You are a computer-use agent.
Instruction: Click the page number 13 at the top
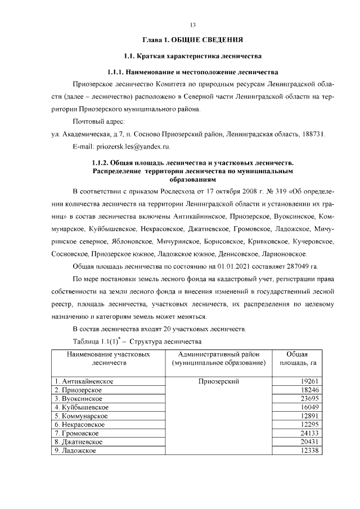192,25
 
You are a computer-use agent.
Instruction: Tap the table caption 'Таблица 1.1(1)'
96,341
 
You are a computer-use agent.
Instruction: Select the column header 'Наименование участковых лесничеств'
108,359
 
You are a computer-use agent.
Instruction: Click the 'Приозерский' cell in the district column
219,381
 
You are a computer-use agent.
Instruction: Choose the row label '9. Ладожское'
76,451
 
